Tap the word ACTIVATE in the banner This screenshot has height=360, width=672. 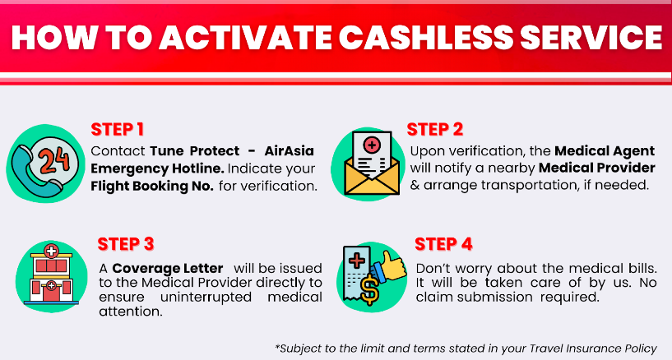tap(246, 38)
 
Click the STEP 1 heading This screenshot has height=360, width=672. tap(117, 129)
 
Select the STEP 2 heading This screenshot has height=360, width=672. tap(435, 129)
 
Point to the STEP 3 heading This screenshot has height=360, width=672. tap(125, 244)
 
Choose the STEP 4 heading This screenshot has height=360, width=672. tap(443, 244)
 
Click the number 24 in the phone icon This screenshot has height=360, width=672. tap(54, 159)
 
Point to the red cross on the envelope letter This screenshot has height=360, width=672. tap(372, 145)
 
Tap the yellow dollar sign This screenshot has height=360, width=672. tap(369, 289)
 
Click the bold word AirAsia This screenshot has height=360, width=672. tap(290, 150)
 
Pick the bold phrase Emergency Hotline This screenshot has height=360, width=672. tap(157, 168)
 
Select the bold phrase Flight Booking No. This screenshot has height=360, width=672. tap(152, 187)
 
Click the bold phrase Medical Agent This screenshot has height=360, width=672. tap(605, 151)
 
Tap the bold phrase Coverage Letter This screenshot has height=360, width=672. tap(168, 269)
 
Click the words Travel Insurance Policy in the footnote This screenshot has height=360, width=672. tap(593, 348)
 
